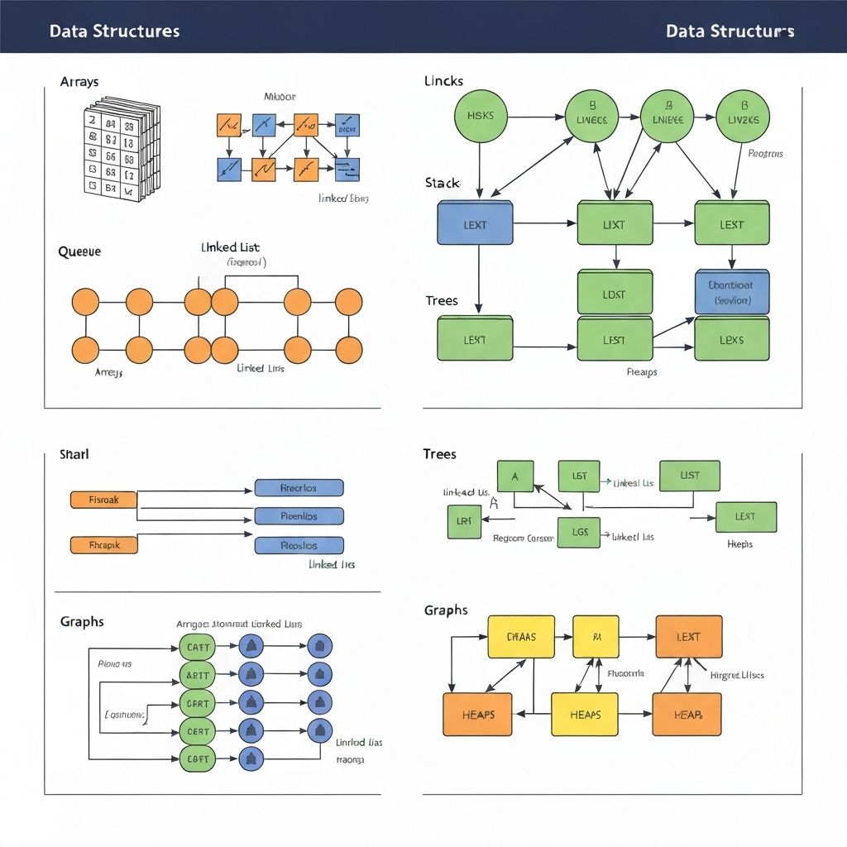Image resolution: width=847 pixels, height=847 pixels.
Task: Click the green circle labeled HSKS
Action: (481, 116)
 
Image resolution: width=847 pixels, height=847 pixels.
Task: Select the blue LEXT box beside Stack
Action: (475, 224)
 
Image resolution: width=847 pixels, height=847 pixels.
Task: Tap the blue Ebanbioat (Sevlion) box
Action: (732, 292)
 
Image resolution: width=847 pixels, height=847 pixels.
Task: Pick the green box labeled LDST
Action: (615, 294)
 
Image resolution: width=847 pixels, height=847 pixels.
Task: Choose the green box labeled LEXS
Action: (732, 339)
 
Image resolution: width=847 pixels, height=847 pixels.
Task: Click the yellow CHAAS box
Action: (521, 637)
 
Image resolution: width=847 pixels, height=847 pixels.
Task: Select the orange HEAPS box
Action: (478, 714)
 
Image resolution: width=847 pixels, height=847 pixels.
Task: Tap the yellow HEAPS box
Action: (584, 714)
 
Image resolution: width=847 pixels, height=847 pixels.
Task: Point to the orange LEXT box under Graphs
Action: (688, 637)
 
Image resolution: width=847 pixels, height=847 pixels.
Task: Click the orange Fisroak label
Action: (103, 500)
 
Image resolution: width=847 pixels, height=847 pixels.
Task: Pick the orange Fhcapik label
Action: (103, 545)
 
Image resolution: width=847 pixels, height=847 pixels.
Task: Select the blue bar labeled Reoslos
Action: (299, 545)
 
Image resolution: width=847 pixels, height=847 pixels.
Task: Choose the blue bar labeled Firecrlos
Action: (299, 487)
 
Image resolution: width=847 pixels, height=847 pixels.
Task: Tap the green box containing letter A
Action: (515, 476)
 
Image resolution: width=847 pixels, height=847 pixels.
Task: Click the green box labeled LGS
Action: (579, 532)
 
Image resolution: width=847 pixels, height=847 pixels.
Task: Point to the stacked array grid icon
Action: (120, 149)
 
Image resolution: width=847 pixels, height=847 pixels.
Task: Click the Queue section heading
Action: (79, 251)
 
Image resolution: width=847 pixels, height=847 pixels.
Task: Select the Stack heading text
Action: (443, 182)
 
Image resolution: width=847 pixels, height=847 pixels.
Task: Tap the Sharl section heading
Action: (74, 454)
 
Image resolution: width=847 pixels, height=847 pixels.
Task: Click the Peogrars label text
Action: (765, 153)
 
